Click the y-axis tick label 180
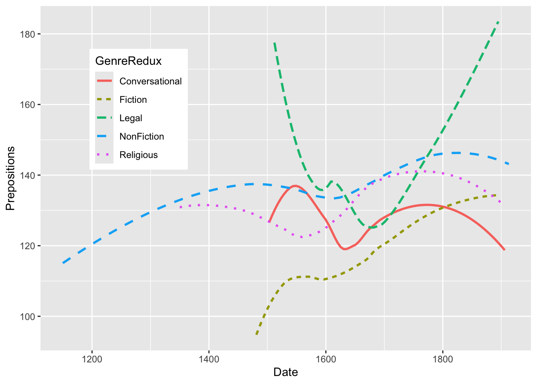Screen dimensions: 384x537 tap(28, 34)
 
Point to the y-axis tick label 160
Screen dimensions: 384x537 tap(28, 105)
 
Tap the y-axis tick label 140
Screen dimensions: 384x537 tap(28, 175)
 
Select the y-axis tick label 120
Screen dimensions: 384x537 tap(28, 246)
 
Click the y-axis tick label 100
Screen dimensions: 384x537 tap(28, 316)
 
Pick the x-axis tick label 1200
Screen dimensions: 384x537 tap(92, 359)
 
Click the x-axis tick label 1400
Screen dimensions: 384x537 tap(209, 359)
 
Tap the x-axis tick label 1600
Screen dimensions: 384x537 tap(326, 359)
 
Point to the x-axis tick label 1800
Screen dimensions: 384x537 tap(442, 359)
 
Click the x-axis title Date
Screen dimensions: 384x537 tap(286, 372)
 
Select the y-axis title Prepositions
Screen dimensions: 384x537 tap(10, 178)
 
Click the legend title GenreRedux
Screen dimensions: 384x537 tap(128, 61)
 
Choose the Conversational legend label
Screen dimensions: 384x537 tap(151, 81)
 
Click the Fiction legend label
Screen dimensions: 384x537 tap(133, 100)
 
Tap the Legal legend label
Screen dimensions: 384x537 tap(131, 118)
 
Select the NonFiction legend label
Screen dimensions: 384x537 tap(141, 136)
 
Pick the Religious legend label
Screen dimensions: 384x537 tap(138, 155)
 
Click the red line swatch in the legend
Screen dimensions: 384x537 tap(104, 81)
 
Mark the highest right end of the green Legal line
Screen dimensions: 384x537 tap(498, 22)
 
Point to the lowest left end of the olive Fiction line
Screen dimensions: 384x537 tap(257, 334)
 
